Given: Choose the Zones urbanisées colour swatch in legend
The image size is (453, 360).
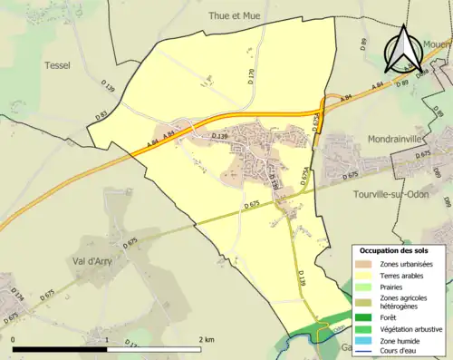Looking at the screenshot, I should coord(368,263).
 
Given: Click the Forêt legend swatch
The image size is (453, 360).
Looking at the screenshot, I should coord(368,317).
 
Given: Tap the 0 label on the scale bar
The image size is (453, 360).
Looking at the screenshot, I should coord(14,339).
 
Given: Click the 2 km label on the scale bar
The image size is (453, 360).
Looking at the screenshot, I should coord(207,339).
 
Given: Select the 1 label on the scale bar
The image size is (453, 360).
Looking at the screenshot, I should coord(108,339).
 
